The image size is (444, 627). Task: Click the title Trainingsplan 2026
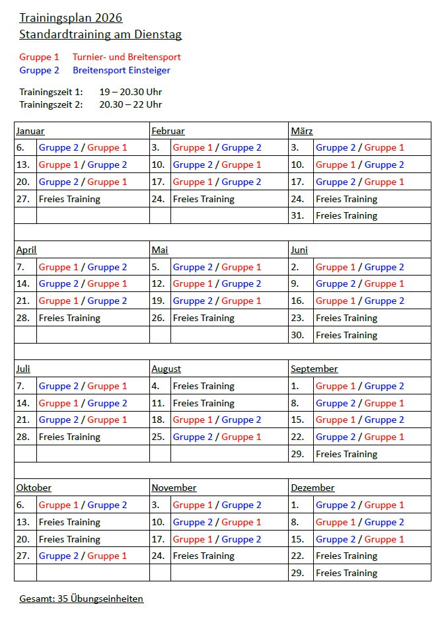click(x=71, y=18)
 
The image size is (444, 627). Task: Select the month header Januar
click(x=30, y=131)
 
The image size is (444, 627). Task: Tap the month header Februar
click(x=168, y=131)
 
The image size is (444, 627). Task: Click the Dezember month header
click(x=313, y=488)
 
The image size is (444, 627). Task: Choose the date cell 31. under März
click(x=297, y=215)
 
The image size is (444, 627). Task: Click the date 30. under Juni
click(x=297, y=335)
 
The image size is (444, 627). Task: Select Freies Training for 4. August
click(x=203, y=386)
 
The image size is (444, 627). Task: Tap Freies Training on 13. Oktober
click(x=69, y=522)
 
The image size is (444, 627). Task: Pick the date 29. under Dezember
click(x=297, y=573)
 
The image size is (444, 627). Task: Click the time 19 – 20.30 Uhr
click(x=131, y=92)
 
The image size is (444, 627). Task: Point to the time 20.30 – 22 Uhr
click(x=131, y=104)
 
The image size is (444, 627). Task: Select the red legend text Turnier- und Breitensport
click(x=127, y=57)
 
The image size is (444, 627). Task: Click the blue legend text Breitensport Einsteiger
click(x=122, y=70)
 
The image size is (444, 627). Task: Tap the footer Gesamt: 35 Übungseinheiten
click(x=81, y=599)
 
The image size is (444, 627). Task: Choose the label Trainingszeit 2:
click(x=51, y=104)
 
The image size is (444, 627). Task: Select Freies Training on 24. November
click(x=203, y=556)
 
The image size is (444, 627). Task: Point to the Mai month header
click(x=160, y=250)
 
